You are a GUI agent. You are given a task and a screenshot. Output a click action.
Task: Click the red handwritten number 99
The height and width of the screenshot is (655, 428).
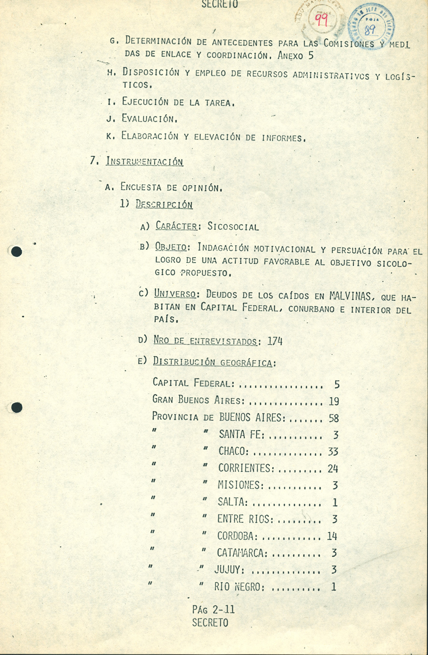click(321, 19)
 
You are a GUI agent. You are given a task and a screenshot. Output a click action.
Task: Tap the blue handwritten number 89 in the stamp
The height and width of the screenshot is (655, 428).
click(370, 29)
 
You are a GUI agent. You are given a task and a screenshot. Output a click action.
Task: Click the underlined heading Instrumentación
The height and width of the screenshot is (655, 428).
click(144, 161)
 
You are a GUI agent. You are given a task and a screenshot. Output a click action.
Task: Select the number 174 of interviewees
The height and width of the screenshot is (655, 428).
click(275, 341)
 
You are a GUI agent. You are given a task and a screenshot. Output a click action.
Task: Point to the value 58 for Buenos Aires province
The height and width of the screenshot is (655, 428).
click(334, 418)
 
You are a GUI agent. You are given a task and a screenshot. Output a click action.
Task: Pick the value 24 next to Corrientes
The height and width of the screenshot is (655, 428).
click(333, 468)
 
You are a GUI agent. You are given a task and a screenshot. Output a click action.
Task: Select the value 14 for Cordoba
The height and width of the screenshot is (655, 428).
click(332, 536)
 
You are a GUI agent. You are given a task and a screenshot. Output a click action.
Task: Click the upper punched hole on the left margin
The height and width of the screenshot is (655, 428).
click(16, 251)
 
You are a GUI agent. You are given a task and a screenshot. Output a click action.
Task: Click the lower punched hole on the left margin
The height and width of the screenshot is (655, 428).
click(16, 408)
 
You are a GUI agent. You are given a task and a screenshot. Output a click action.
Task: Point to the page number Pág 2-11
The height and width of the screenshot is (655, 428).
click(213, 609)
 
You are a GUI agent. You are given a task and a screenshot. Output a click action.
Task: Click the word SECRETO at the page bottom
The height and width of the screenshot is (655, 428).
click(210, 623)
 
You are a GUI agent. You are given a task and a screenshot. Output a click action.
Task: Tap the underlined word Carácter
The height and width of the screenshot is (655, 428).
click(176, 226)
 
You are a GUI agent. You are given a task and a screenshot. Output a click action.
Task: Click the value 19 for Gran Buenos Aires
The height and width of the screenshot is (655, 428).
click(334, 401)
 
